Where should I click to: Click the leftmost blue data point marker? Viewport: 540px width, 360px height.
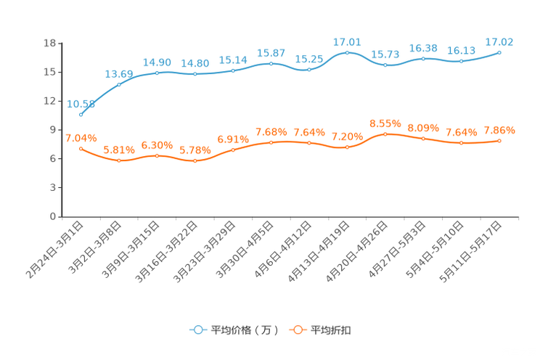(x=81, y=115)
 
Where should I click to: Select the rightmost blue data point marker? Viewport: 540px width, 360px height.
(x=499, y=52)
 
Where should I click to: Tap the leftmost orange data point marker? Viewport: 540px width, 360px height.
(x=81, y=148)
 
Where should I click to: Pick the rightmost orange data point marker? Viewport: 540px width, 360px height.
(x=499, y=140)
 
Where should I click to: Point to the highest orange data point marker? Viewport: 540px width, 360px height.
(x=385, y=134)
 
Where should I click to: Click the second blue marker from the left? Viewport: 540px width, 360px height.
(x=119, y=84)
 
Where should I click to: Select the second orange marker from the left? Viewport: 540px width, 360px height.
(x=119, y=160)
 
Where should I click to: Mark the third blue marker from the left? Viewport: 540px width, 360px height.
(x=157, y=73)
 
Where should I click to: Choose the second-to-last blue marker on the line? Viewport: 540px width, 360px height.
(x=461, y=61)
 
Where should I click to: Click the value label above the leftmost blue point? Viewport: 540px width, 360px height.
(x=81, y=105)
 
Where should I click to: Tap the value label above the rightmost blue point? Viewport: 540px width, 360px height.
(x=499, y=42)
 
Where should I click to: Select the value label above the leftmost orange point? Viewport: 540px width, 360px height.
(x=81, y=137)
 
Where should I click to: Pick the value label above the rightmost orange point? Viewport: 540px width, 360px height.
(x=499, y=130)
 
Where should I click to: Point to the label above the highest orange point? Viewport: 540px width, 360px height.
(x=385, y=123)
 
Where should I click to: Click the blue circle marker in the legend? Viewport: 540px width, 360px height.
(x=197, y=330)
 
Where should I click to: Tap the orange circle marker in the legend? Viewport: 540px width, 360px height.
(x=298, y=330)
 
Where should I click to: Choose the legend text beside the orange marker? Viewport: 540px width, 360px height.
(x=331, y=330)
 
